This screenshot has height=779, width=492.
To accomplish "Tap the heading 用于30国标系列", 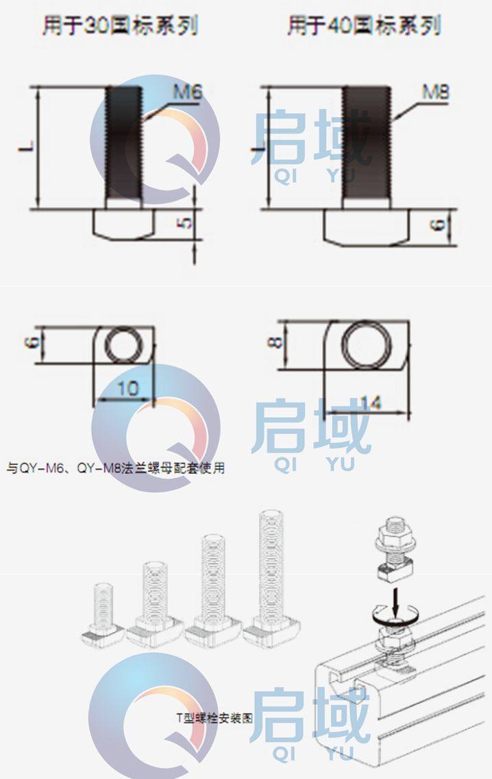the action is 121,27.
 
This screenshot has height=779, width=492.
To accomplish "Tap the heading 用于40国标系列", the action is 364,27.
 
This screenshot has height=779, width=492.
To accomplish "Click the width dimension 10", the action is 127,389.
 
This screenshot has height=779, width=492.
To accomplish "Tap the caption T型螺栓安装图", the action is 214,719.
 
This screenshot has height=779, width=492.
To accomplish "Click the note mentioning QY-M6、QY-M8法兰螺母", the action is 115,468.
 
